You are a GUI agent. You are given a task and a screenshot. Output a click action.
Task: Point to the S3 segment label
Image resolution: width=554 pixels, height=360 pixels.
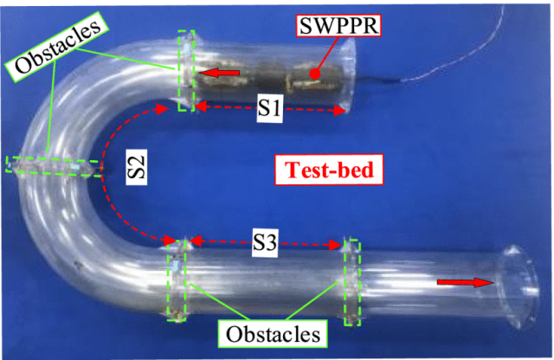click(x=266, y=245)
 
